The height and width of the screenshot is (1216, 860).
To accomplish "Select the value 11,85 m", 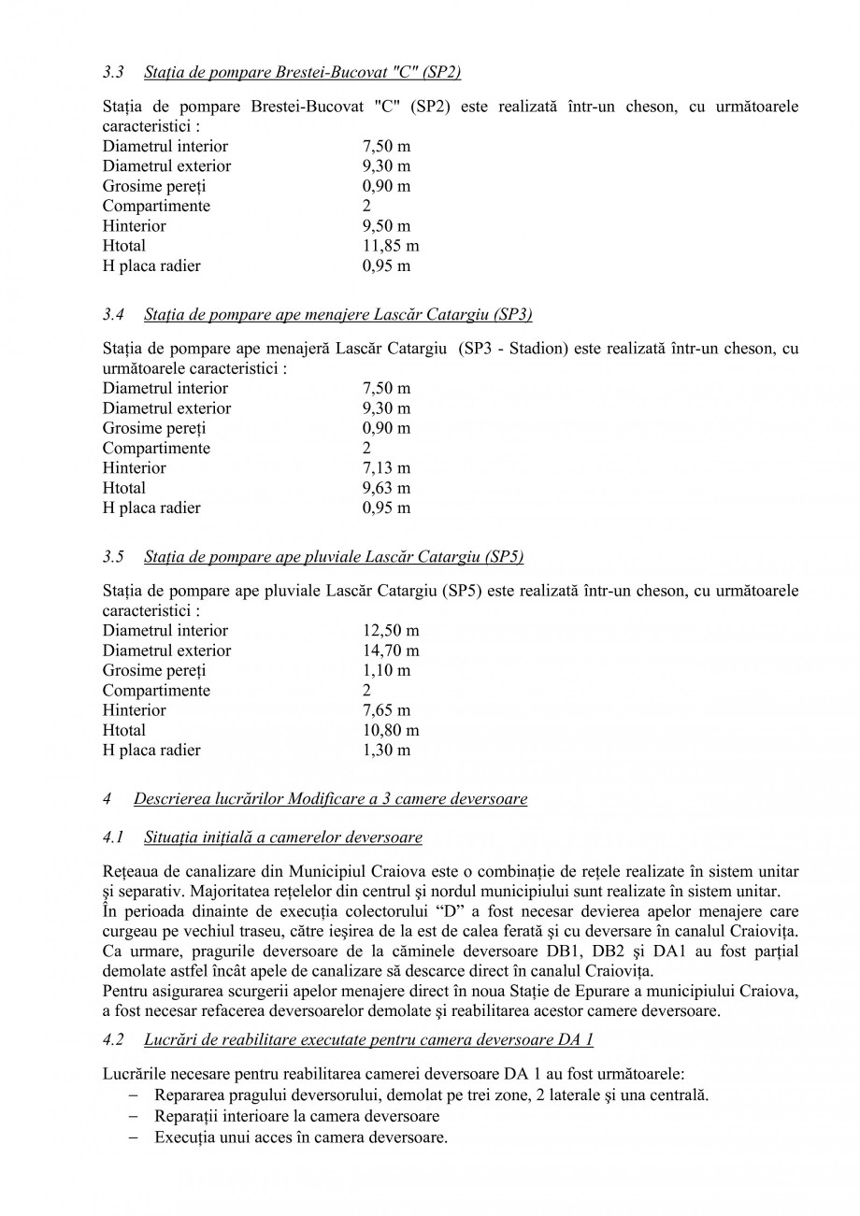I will (390, 246).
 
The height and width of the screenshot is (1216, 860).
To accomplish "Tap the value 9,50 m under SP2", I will (385, 226).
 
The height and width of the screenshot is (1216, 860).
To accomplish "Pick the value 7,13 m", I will (385, 468).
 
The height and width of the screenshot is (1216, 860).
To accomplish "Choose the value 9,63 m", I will (385, 488).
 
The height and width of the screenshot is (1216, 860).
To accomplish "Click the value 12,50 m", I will (390, 631).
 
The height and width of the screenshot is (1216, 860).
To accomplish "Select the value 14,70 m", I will (390, 651).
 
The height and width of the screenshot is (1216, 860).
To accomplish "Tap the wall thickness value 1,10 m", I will (385, 670).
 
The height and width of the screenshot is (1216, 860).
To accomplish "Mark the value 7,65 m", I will (385, 710).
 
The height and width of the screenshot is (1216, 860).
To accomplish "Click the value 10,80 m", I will (390, 730).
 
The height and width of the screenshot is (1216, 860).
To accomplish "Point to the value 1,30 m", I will (385, 750).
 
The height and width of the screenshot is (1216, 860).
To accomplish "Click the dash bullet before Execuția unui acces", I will (134, 1137).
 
